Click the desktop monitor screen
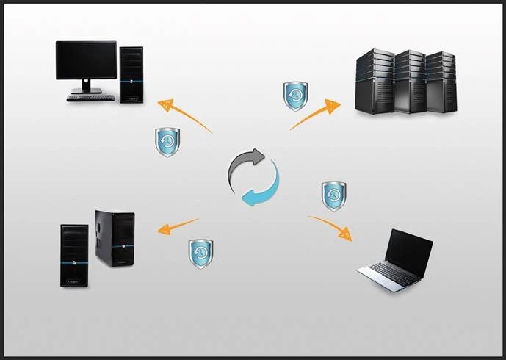pyautogui.click(x=86, y=60)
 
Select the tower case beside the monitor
pyautogui.click(x=131, y=73)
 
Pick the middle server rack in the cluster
pyautogui.click(x=410, y=82)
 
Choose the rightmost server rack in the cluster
pyautogui.click(x=441, y=82)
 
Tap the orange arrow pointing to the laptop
pyautogui.click(x=330, y=227)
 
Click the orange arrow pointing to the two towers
pyautogui.click(x=176, y=226)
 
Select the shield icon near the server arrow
pyautogui.click(x=296, y=96)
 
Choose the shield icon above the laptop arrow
pyautogui.click(x=334, y=195)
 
